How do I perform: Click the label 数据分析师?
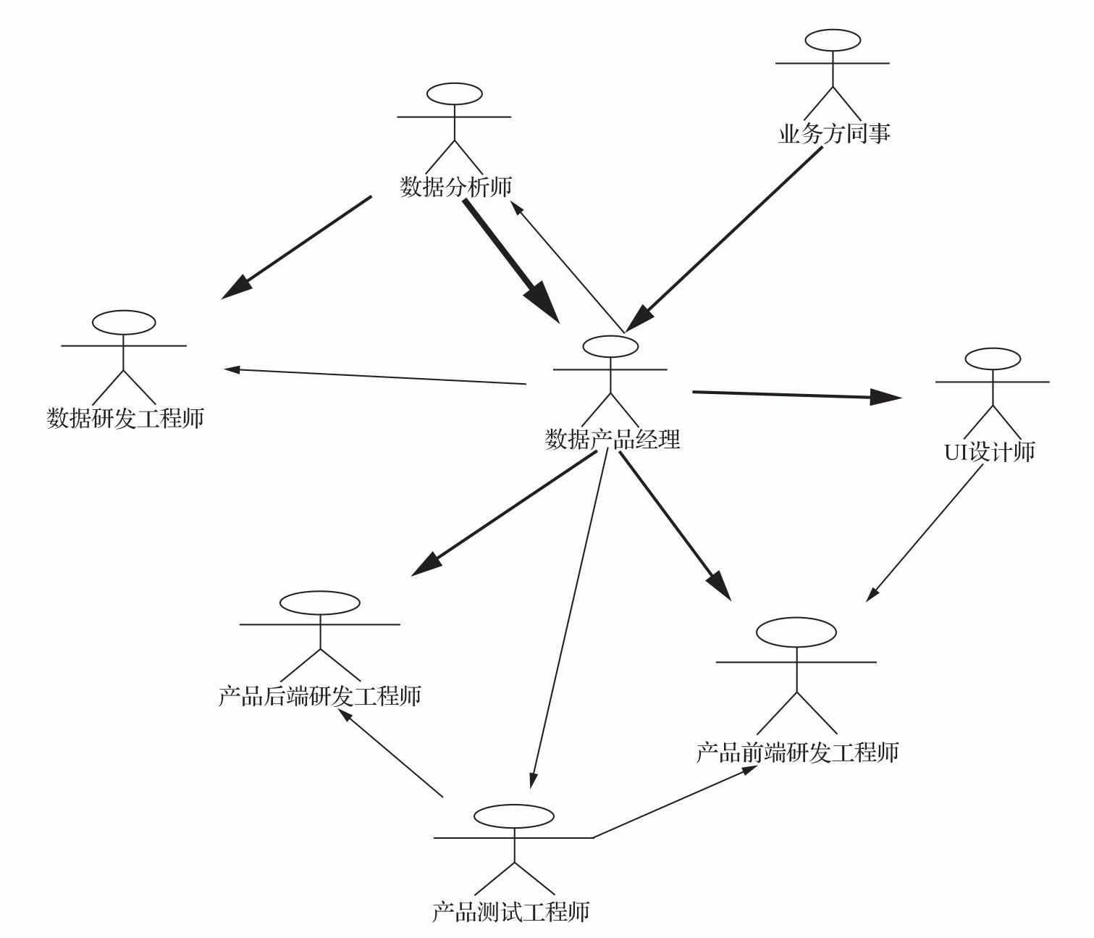(x=455, y=187)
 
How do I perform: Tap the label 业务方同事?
(x=833, y=133)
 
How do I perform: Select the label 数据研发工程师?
(x=125, y=418)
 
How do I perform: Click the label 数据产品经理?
(x=612, y=439)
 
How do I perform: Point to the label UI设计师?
(x=990, y=451)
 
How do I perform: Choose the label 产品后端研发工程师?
(x=319, y=696)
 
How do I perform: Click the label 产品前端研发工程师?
(x=797, y=752)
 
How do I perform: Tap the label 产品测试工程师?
(x=510, y=910)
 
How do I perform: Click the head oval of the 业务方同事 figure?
(x=833, y=40)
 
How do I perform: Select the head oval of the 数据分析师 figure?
(x=455, y=93)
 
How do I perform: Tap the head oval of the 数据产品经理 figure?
(x=610, y=346)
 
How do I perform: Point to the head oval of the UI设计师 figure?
(x=993, y=359)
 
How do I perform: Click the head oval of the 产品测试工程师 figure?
(x=514, y=816)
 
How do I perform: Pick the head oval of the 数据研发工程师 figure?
(x=124, y=322)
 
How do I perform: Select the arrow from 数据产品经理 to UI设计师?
(x=796, y=395)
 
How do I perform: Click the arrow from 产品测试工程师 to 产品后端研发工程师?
(x=391, y=753)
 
